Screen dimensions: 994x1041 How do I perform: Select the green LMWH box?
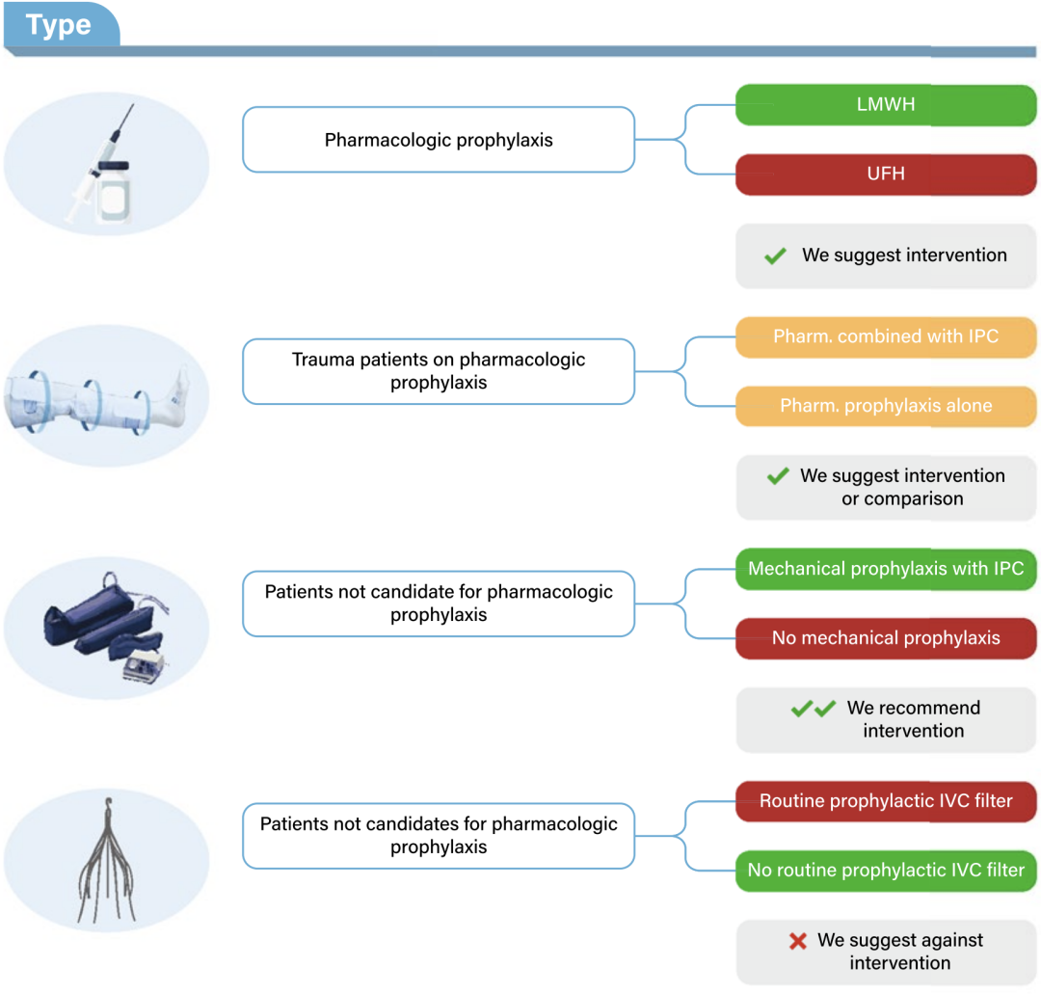(x=886, y=105)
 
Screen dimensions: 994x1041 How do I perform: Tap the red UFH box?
(x=886, y=175)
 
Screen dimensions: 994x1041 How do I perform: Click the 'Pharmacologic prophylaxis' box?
(x=439, y=140)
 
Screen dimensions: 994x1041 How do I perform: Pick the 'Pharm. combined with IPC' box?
(x=886, y=337)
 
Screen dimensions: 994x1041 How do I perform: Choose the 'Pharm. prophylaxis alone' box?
(x=886, y=406)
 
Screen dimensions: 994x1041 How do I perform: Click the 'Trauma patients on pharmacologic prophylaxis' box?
(x=439, y=371)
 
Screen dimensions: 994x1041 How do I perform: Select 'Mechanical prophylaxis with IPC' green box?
(x=886, y=569)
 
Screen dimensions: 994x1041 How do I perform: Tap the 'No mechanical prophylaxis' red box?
(x=886, y=638)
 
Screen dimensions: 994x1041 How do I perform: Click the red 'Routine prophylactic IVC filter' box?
(x=886, y=801)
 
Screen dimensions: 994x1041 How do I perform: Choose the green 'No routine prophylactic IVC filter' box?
(x=886, y=871)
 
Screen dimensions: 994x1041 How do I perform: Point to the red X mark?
(x=798, y=941)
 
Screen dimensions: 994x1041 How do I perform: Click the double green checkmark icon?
(x=814, y=709)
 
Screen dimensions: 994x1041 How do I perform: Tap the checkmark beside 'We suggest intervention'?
(x=775, y=256)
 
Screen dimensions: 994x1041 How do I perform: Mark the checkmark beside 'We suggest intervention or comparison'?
(x=778, y=476)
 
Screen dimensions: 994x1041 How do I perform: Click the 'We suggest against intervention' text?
(x=900, y=951)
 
